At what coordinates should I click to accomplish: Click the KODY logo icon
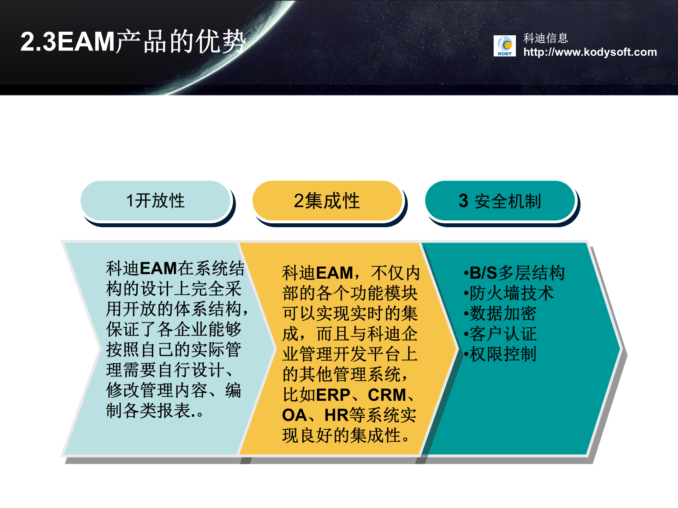coord(504,46)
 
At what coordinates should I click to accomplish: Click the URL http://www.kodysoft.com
coord(590,52)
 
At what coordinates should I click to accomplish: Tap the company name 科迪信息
coord(545,38)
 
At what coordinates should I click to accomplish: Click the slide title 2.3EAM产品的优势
coord(133,42)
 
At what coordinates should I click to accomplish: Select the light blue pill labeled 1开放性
coord(155,201)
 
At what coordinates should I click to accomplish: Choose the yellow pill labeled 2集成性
coord(327,201)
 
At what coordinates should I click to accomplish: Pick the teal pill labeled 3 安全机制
coord(500,201)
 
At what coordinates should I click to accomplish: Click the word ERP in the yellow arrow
coord(333,395)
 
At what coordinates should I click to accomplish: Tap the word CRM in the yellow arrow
coord(387,395)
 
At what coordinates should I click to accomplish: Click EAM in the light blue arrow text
coord(158,268)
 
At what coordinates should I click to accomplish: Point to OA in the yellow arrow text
coord(294,415)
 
